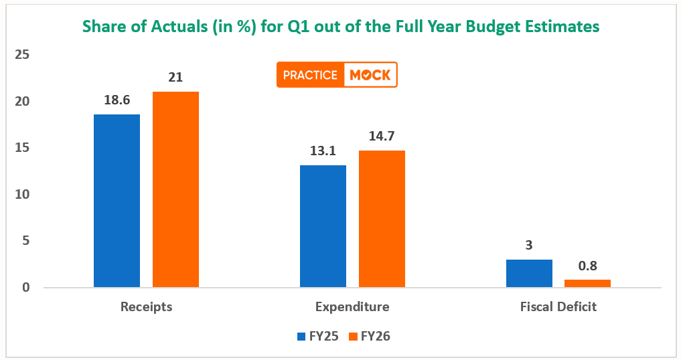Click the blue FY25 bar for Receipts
pyautogui.click(x=117, y=201)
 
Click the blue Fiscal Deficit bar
pyautogui.click(x=529, y=274)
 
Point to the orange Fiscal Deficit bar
pyautogui.click(x=587, y=284)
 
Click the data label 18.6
pyautogui.click(x=117, y=100)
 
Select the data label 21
pyautogui.click(x=175, y=78)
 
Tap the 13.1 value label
pyautogui.click(x=323, y=151)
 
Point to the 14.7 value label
pyautogui.click(x=382, y=137)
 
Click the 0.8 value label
pyautogui.click(x=588, y=266)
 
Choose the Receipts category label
pyautogui.click(x=147, y=307)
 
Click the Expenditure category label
pyautogui.click(x=352, y=307)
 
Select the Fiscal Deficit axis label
pyautogui.click(x=558, y=307)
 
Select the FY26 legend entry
pyautogui.click(x=369, y=337)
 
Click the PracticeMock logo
pyautogui.click(x=337, y=75)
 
